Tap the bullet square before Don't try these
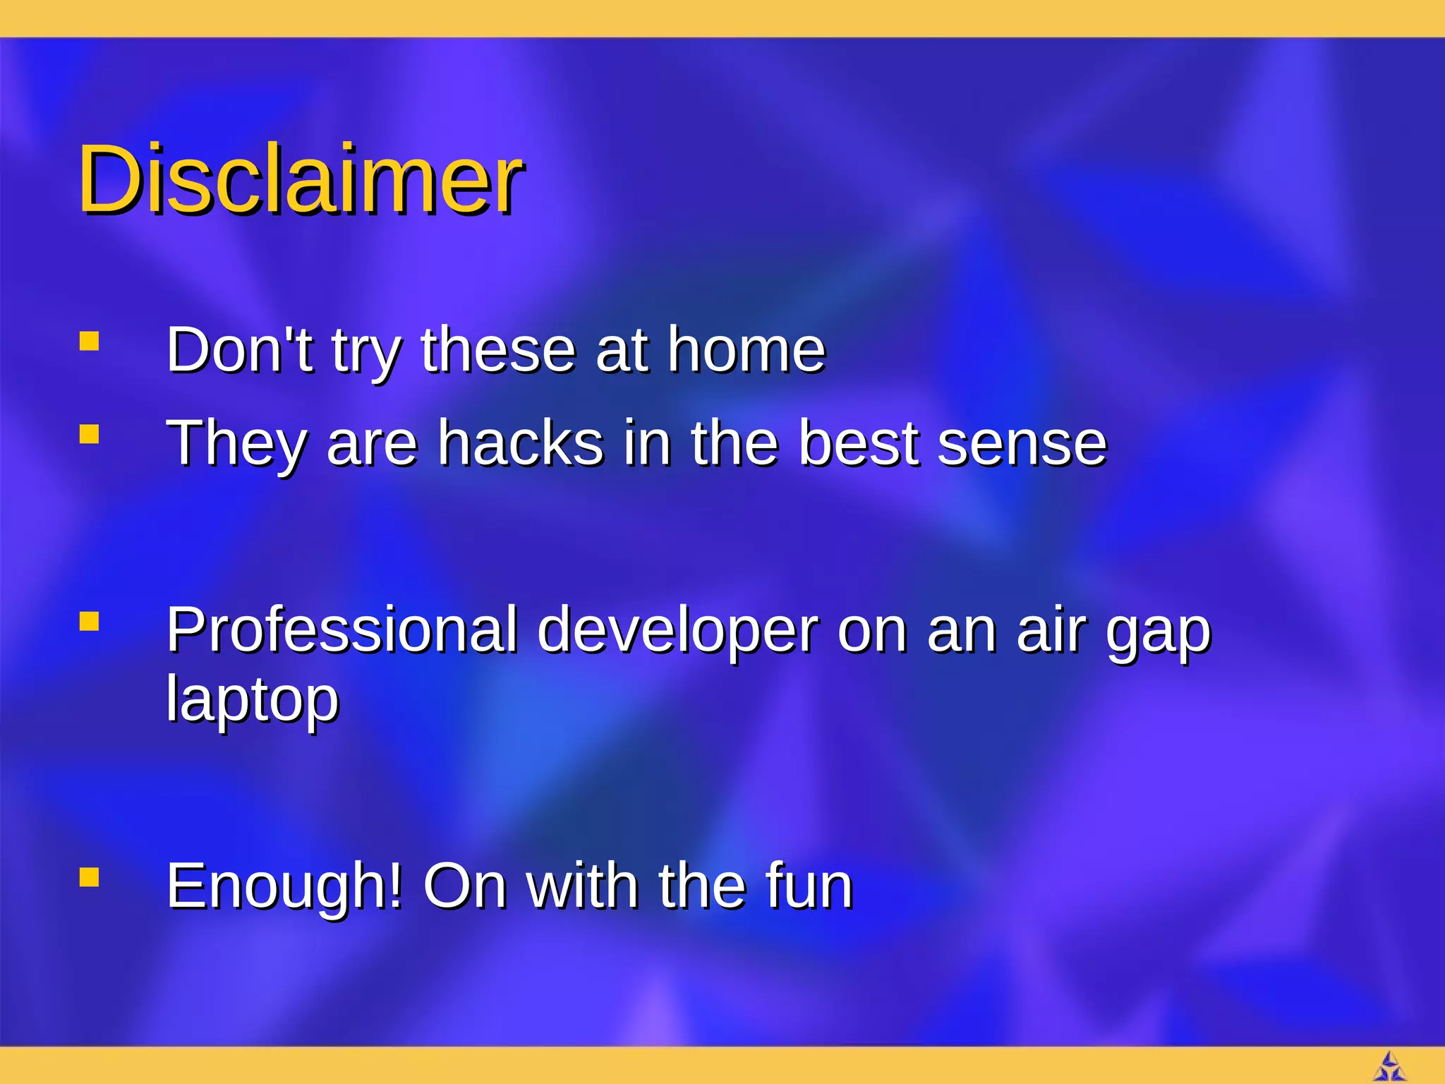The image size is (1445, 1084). pyautogui.click(x=89, y=342)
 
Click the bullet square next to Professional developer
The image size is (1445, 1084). pyautogui.click(x=89, y=622)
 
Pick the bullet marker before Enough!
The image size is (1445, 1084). pyautogui.click(x=89, y=877)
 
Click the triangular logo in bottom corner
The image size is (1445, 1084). pyautogui.click(x=1389, y=1067)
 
